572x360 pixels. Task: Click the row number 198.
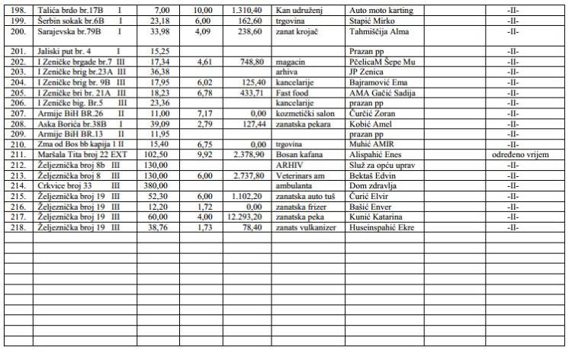coord(14,11)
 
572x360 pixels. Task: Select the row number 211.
coord(14,154)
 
